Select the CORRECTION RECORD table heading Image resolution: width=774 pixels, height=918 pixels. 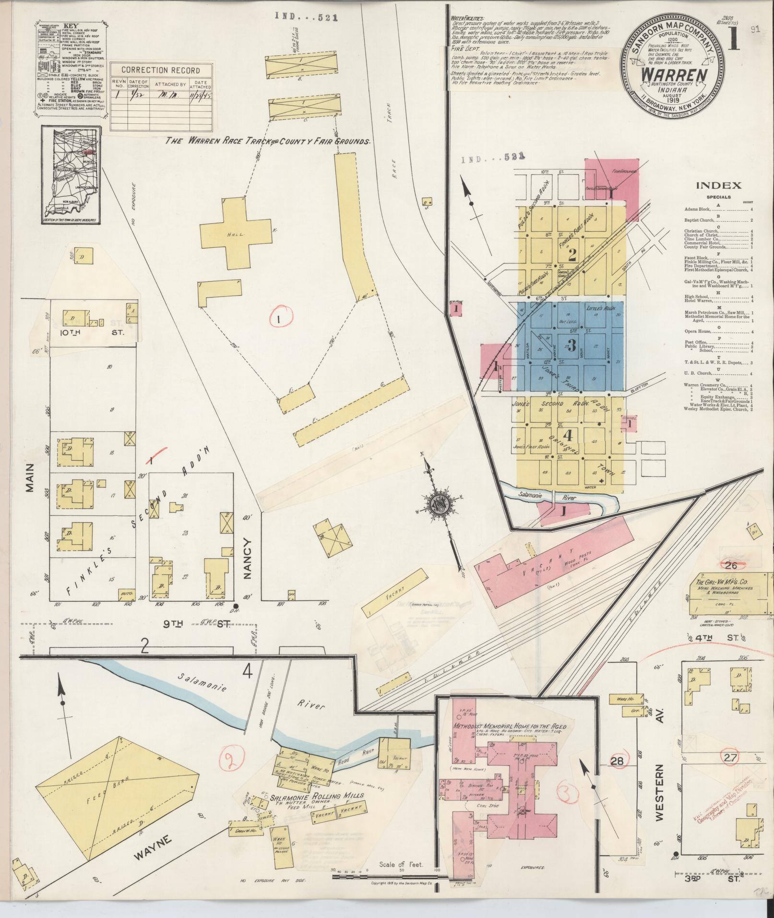161,70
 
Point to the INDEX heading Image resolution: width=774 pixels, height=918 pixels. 718,186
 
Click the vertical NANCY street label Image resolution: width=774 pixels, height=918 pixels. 248,560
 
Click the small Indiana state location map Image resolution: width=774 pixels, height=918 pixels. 71,175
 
